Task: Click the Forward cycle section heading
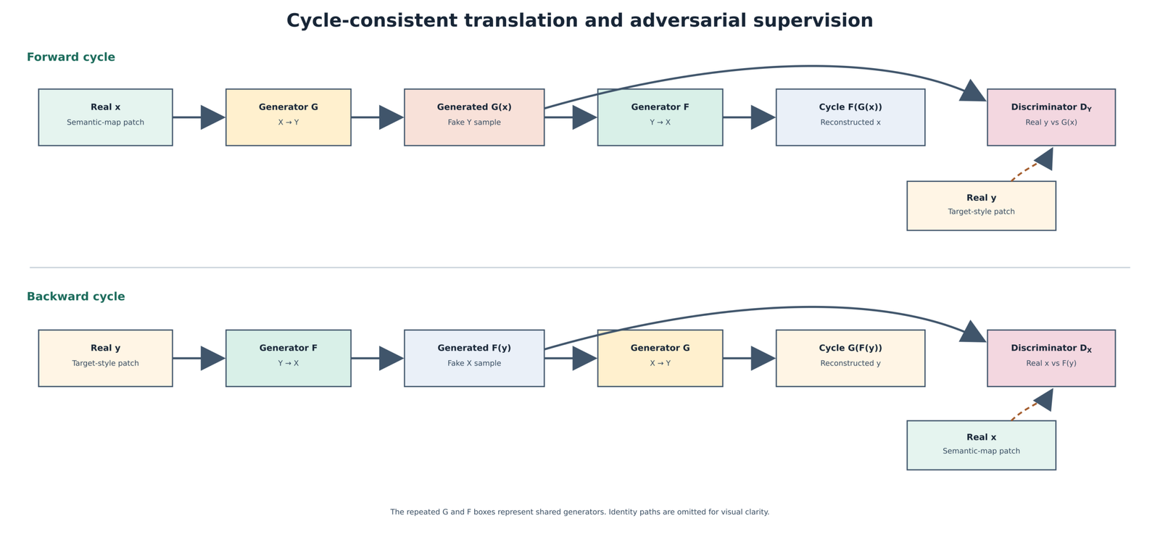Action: tap(71, 57)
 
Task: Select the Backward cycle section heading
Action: tap(76, 296)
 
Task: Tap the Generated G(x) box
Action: tap(474, 117)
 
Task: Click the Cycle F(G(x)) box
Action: tap(850, 117)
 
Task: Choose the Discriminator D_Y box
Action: tap(1051, 117)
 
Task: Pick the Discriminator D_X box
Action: tap(1051, 358)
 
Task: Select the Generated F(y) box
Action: tap(474, 358)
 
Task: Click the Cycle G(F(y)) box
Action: tap(850, 358)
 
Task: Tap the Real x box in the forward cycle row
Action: tap(106, 117)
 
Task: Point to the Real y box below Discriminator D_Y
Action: tap(982, 206)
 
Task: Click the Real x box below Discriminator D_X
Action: tap(982, 446)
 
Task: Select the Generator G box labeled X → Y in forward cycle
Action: tap(289, 117)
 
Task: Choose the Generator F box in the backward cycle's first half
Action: tap(289, 358)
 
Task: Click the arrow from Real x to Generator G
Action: tap(199, 117)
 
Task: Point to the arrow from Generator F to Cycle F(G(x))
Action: tap(750, 117)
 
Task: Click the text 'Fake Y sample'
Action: tap(474, 122)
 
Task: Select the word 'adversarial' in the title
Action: tap(675, 21)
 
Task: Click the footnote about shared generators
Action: tap(580, 512)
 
